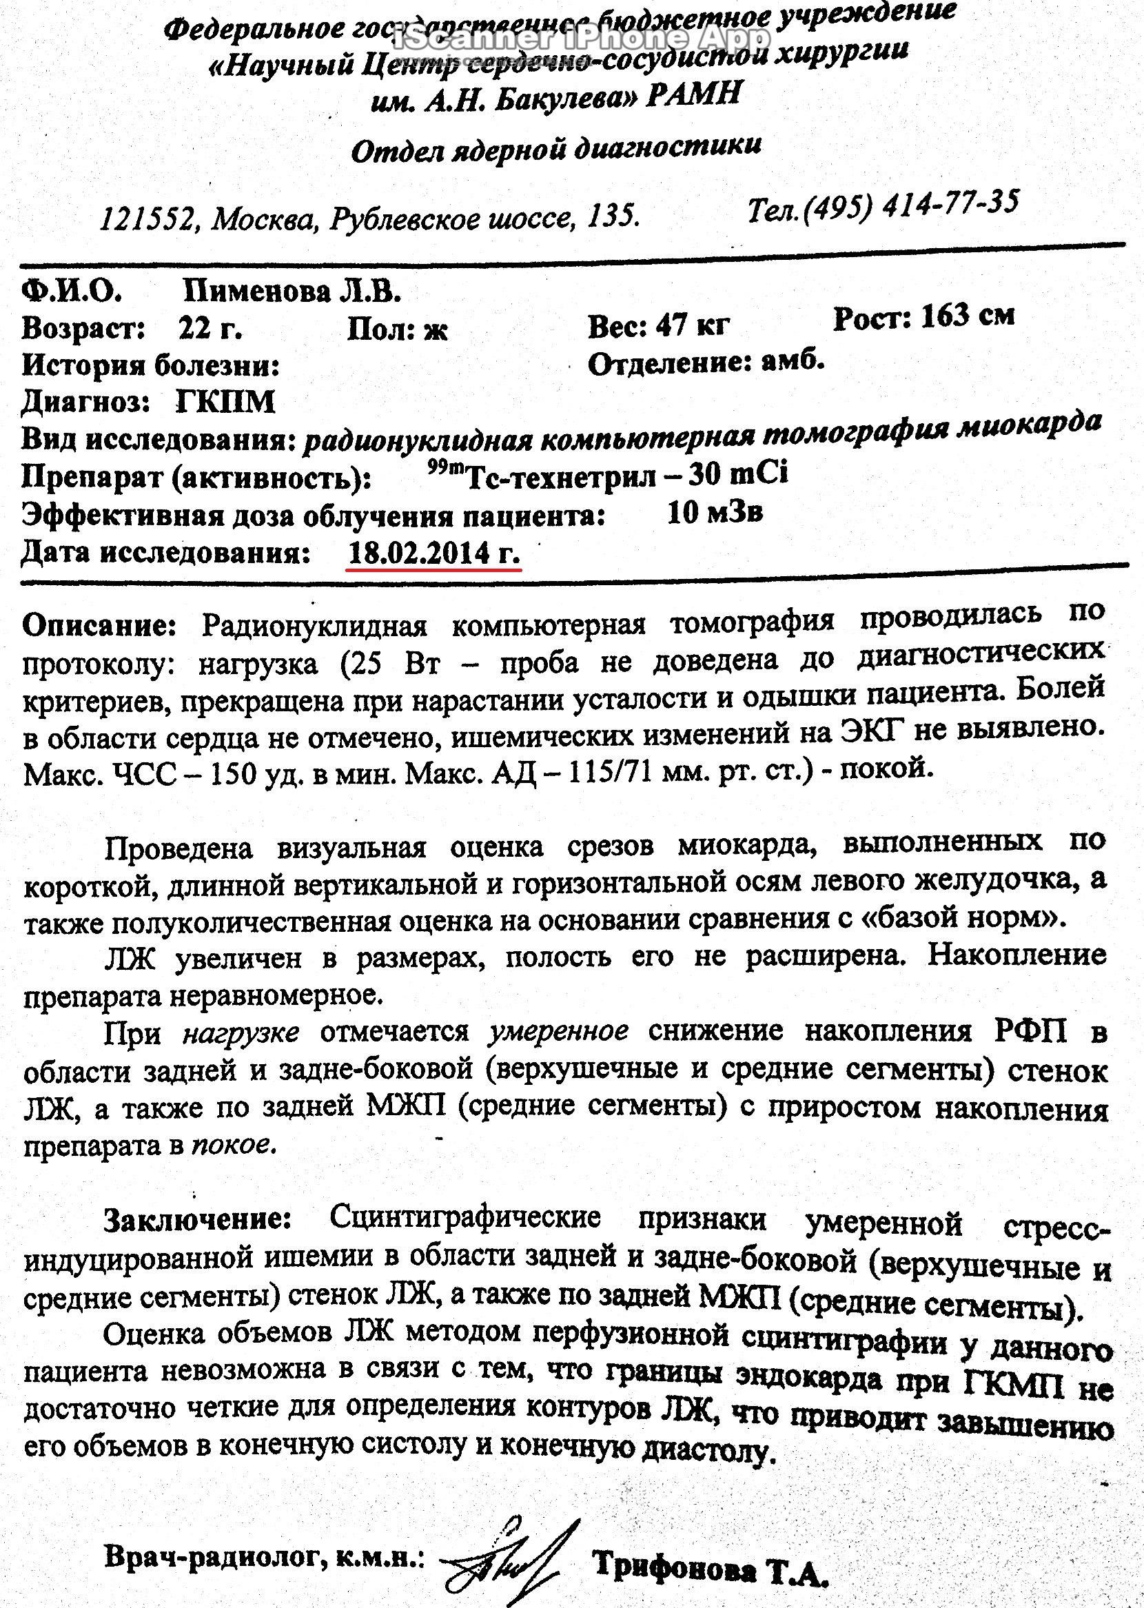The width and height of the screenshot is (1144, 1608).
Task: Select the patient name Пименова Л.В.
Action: coord(292,292)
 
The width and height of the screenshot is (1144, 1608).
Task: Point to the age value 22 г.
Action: coord(210,328)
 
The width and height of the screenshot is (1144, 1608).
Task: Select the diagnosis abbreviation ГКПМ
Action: coord(225,403)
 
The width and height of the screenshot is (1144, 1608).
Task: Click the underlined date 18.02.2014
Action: coord(419,553)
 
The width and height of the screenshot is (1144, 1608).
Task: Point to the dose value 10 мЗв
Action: coord(714,513)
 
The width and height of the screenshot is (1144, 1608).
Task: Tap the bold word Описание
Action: coord(99,625)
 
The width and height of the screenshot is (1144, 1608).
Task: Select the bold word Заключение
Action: coord(198,1219)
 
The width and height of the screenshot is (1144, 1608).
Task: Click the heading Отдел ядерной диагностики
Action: coord(555,150)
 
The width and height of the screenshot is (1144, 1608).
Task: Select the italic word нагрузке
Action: coord(241,1033)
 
